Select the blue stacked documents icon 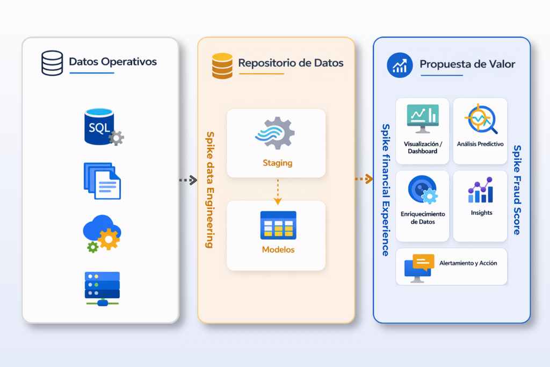tap(102, 181)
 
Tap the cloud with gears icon tap(102, 234)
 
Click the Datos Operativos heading tap(113, 61)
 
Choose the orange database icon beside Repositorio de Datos tap(222, 66)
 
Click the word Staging tap(277, 163)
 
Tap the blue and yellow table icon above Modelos tap(278, 225)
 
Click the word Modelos tap(278, 249)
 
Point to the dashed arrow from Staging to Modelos tap(278, 191)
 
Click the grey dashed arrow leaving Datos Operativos tap(188, 181)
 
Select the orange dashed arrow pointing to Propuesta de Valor tap(364, 179)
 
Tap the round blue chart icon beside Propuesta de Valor tap(400, 66)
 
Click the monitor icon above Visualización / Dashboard tap(423, 118)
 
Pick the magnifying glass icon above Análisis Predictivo tap(481, 119)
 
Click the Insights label tap(481, 213)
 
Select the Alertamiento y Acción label tap(468, 263)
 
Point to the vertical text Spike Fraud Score tap(517, 190)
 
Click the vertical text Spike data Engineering tap(210, 190)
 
